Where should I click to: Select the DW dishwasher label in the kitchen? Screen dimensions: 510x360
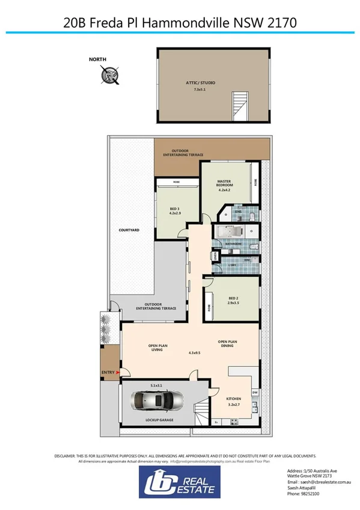[x=255, y=392]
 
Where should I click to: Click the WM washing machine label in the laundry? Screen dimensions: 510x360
[x=246, y=259]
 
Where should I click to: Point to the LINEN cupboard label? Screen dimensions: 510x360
[x=215, y=256]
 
